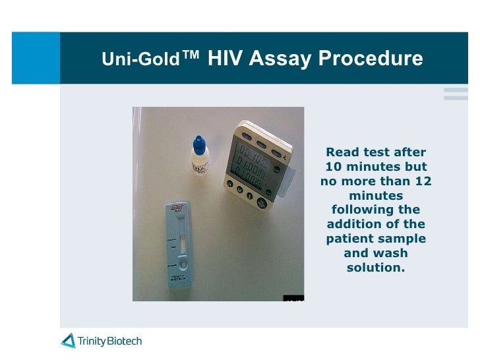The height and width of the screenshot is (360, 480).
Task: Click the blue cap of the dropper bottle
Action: (x=198, y=142)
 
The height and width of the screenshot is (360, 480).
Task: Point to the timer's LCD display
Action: (x=250, y=165)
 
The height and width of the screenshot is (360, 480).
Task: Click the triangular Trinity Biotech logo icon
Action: (x=69, y=341)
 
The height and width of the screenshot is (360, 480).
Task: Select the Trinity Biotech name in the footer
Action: (x=109, y=341)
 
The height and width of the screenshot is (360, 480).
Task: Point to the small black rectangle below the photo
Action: (x=294, y=298)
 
